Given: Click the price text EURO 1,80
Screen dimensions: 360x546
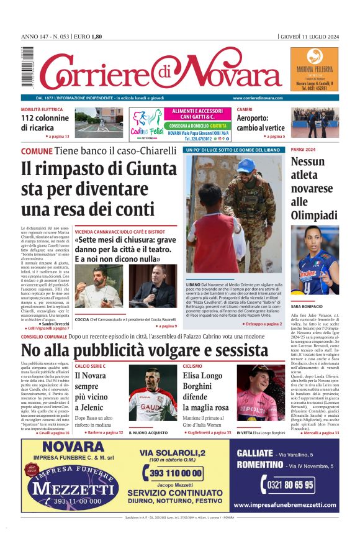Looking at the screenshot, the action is coord(88,37).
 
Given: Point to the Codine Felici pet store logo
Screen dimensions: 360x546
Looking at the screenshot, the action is coord(146,124).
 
